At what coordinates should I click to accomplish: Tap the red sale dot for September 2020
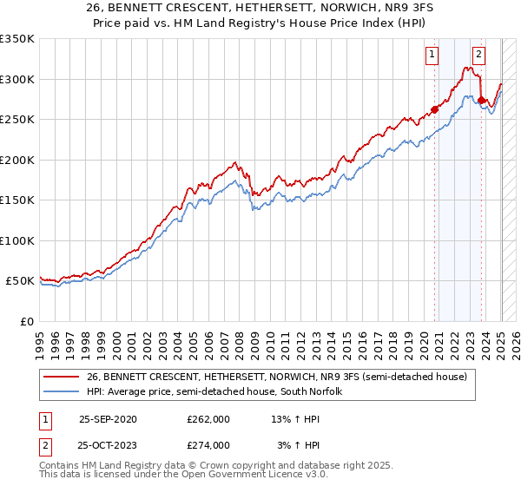pyautogui.click(x=435, y=108)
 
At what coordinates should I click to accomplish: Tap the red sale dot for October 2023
pyautogui.click(x=482, y=99)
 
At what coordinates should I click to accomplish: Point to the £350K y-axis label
pyautogui.click(x=17, y=39)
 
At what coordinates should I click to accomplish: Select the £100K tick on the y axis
pyautogui.click(x=17, y=240)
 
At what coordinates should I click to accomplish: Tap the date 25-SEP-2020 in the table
pyautogui.click(x=108, y=419)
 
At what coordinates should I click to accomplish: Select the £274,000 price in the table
pyautogui.click(x=208, y=445)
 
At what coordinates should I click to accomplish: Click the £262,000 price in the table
pyautogui.click(x=208, y=419)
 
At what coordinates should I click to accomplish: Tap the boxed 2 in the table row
pyautogui.click(x=43, y=445)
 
